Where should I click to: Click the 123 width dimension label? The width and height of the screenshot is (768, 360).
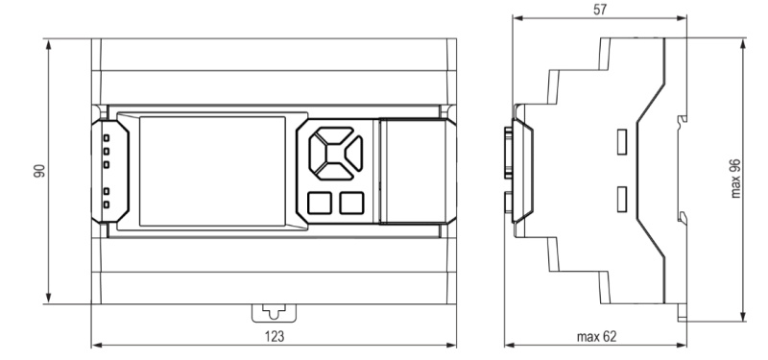275,337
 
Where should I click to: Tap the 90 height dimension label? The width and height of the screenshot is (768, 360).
39,171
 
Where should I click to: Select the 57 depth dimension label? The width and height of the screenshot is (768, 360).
599,10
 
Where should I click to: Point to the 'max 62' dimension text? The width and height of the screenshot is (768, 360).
596,337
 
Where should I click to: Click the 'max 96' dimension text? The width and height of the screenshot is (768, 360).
735,179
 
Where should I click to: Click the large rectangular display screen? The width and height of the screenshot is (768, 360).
212,171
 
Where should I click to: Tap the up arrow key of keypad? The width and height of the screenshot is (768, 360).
334,134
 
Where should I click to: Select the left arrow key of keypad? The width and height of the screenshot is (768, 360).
318,154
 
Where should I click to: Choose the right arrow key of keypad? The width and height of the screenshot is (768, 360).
354,154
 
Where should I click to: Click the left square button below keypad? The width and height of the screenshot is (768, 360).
320,203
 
